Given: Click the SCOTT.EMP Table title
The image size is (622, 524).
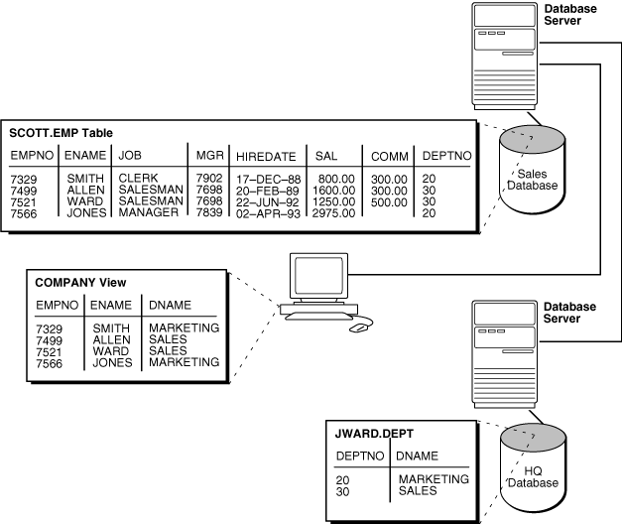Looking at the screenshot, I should point(61,133).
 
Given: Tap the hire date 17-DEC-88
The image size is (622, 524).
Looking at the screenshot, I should point(262,179).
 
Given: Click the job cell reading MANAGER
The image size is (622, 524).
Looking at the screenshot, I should point(149,211).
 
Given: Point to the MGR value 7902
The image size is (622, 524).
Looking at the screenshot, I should point(209,179).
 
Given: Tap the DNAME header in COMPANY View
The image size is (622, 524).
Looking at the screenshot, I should point(170,306).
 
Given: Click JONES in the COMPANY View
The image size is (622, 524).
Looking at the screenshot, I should point(112,362).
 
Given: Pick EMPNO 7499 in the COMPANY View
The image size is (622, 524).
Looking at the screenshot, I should point(51,339).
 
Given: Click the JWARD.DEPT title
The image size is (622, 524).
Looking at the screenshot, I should point(375,434).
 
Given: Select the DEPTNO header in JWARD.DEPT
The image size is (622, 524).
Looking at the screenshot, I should point(359,456).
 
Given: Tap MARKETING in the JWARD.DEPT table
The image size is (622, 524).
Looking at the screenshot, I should point(433,479).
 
